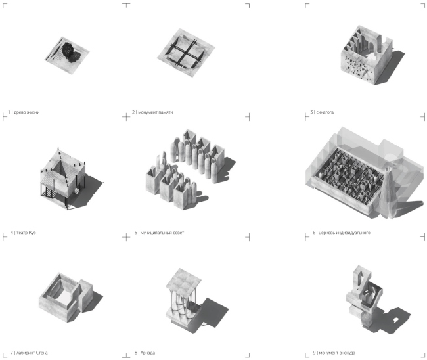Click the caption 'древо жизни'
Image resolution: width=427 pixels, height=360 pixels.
[x=27, y=112]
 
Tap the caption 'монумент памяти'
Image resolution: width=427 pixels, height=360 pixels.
[x=155, y=112]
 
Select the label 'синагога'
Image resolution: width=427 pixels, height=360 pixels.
[x=325, y=112]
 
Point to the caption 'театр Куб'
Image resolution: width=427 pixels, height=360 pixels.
[x=26, y=233]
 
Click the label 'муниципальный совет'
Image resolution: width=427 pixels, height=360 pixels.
[x=162, y=233]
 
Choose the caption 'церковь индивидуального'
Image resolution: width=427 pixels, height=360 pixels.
[x=344, y=233]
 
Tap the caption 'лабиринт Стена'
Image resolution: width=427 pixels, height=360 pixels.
[x=32, y=353]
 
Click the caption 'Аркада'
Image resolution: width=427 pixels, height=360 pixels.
[x=148, y=353]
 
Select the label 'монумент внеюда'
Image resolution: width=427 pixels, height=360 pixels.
[x=337, y=353]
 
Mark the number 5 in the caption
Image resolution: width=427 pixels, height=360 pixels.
[x=136, y=233]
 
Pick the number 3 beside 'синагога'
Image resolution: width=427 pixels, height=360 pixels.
[x=312, y=112]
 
